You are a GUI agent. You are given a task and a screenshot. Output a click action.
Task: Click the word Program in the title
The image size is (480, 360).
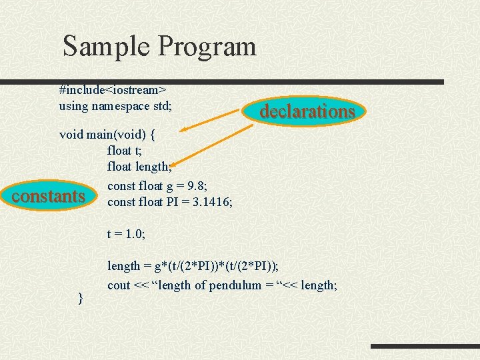(x=207, y=47)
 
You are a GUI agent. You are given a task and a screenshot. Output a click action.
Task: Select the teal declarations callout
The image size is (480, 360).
(x=307, y=111)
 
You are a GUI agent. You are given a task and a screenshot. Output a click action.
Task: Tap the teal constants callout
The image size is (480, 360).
(x=49, y=197)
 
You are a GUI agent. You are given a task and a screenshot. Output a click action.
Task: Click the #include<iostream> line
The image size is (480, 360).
(x=113, y=89)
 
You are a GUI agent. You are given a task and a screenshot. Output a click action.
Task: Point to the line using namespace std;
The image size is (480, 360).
(x=115, y=106)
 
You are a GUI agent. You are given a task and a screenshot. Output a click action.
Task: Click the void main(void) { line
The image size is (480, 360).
(x=107, y=135)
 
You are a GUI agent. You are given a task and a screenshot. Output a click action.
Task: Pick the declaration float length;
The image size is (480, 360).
(x=139, y=167)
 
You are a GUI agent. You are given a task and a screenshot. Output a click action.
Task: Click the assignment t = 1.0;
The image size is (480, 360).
(x=126, y=234)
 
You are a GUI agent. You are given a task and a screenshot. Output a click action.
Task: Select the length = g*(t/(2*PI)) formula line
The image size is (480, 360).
(x=193, y=266)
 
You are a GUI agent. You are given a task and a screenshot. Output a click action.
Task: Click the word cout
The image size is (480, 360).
(x=119, y=285)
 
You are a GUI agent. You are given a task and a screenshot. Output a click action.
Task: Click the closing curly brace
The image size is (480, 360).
(x=81, y=297)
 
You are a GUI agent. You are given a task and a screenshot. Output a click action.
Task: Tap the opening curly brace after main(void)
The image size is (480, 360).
(x=153, y=135)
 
